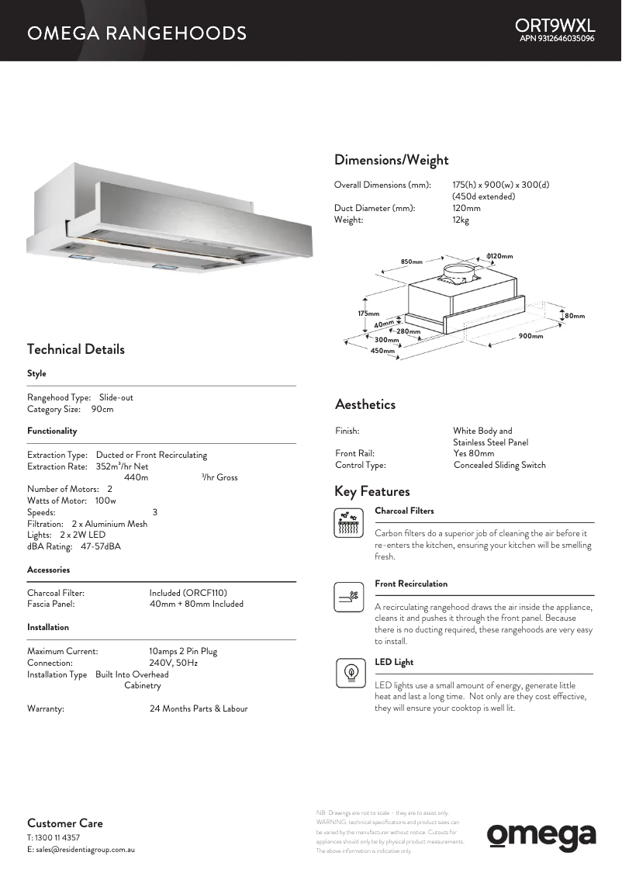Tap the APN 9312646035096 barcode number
coord(557,39)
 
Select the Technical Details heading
coord(76,349)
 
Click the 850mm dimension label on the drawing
coord(411,262)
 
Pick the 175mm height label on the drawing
coord(368,313)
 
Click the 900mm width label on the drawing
coord(530,336)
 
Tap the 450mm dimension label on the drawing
coord(382,351)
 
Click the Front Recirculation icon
coord(348,597)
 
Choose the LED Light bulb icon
coord(350,672)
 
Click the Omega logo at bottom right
coord(541,836)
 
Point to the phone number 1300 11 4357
coord(58,838)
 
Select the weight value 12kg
coord(461,220)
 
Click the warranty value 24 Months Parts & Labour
coord(199,709)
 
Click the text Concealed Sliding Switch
coord(499,465)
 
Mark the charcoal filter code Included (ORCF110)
coord(188,593)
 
